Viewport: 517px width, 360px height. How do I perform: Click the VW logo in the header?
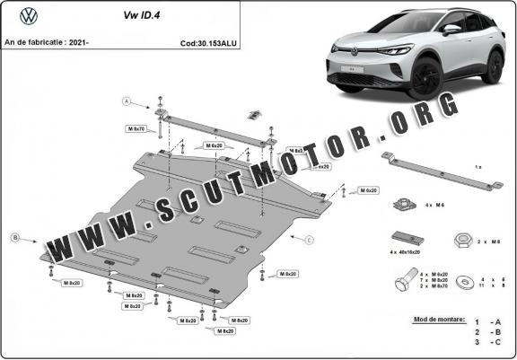[30, 16]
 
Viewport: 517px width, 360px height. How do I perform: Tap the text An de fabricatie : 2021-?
[48, 42]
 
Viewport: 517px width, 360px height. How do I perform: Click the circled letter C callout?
[309, 240]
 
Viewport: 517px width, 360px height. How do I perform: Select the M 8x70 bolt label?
[136, 129]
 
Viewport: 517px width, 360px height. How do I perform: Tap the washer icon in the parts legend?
[467, 281]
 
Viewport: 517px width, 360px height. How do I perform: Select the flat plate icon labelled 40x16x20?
[405, 238]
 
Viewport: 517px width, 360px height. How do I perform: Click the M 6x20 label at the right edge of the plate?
[368, 191]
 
